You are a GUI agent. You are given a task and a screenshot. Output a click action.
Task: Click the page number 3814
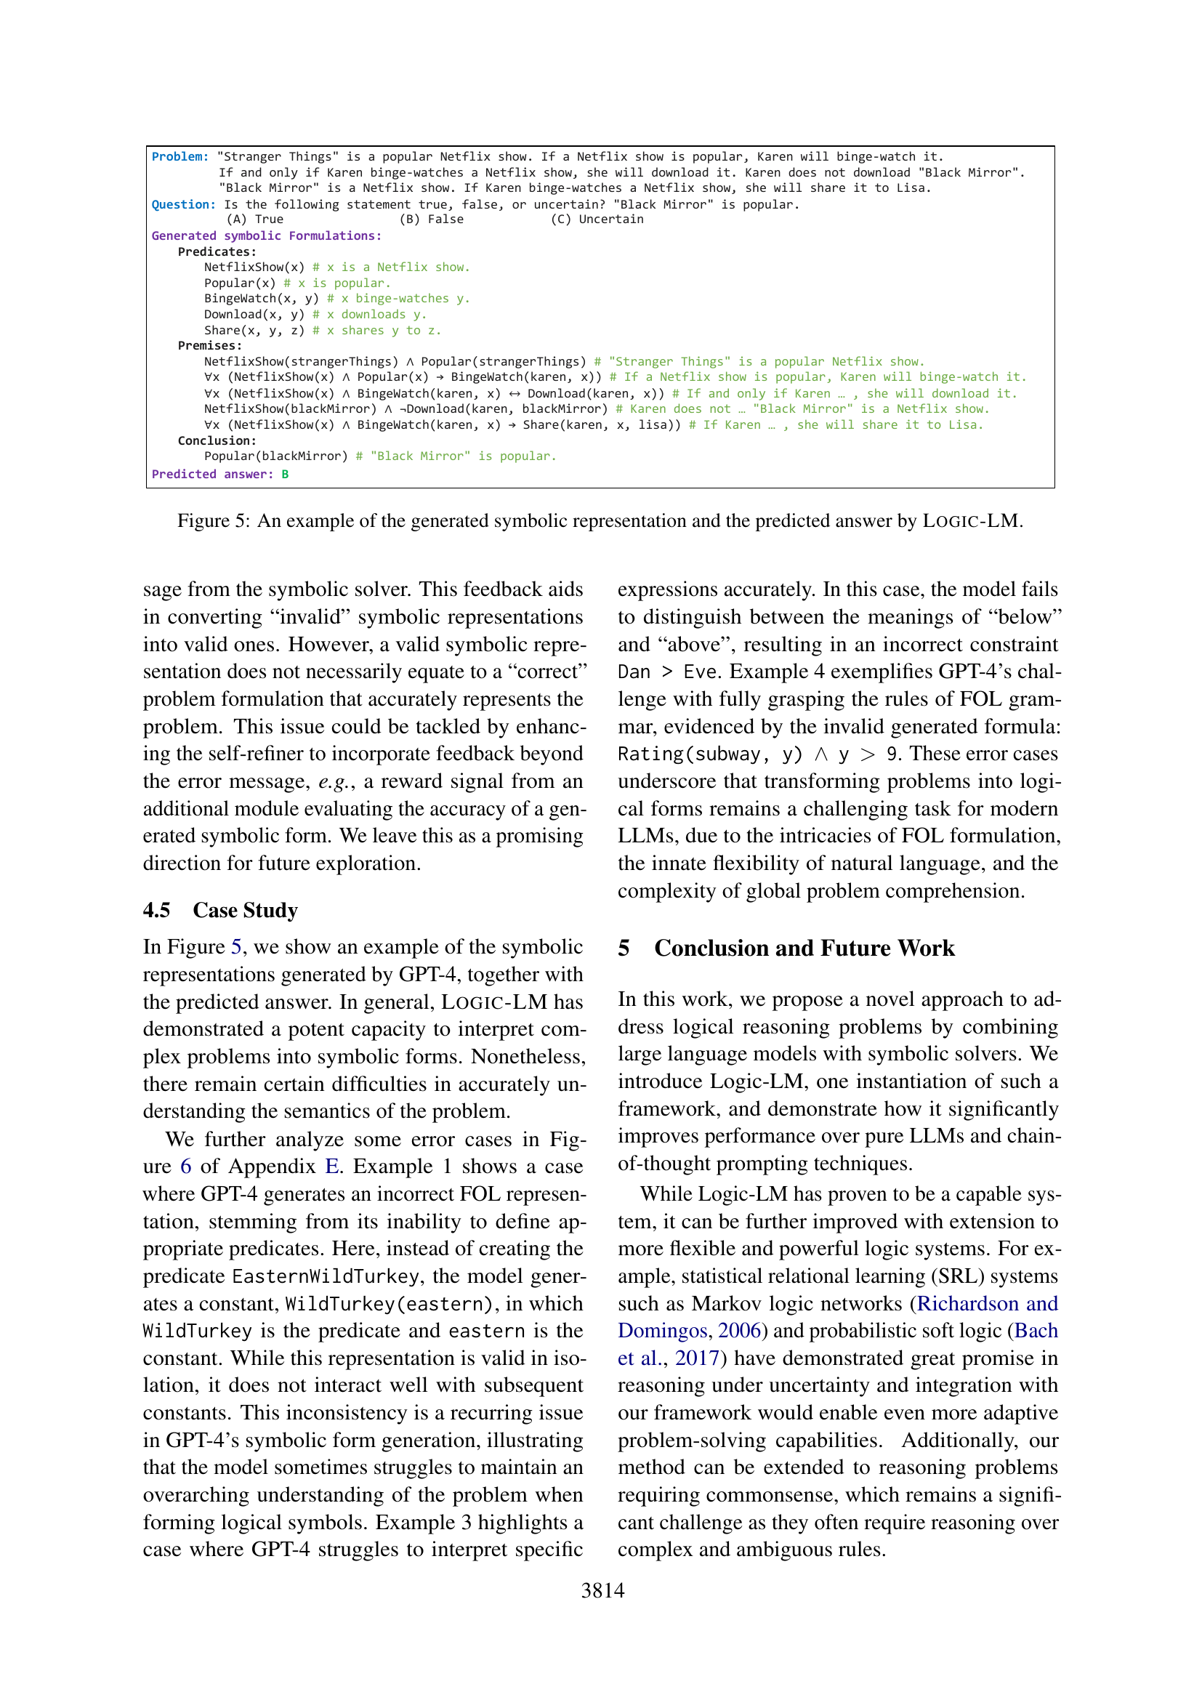pyautogui.click(x=602, y=1590)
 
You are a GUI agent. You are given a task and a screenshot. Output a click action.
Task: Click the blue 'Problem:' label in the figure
pyautogui.click(x=180, y=157)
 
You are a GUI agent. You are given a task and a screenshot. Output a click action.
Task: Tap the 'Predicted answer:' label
pyautogui.click(x=211, y=474)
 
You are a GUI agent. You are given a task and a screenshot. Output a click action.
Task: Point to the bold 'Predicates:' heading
pyautogui.click(x=217, y=251)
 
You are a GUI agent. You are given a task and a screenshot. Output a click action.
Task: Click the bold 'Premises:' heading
pyautogui.click(x=209, y=346)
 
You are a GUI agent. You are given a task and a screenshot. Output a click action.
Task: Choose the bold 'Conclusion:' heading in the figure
pyautogui.click(x=217, y=440)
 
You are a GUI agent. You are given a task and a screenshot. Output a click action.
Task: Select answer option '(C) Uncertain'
pyautogui.click(x=597, y=219)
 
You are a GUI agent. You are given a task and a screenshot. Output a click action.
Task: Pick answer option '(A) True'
pyautogui.click(x=254, y=219)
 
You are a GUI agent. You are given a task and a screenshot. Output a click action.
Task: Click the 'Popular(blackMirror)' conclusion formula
pyautogui.click(x=276, y=456)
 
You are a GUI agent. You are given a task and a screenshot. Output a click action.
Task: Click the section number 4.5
pyautogui.click(x=157, y=910)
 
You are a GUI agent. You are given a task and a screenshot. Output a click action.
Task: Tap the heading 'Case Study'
pyautogui.click(x=245, y=910)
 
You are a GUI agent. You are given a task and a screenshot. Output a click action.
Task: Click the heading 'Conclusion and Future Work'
pyautogui.click(x=804, y=948)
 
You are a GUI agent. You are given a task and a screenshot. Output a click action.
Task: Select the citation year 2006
pyautogui.click(x=738, y=1331)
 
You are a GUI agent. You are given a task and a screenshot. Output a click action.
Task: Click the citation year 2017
pyautogui.click(x=696, y=1358)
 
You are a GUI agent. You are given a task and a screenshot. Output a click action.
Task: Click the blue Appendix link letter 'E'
pyautogui.click(x=332, y=1166)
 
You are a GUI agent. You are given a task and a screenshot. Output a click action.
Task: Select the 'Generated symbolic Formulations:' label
pyautogui.click(x=267, y=235)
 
